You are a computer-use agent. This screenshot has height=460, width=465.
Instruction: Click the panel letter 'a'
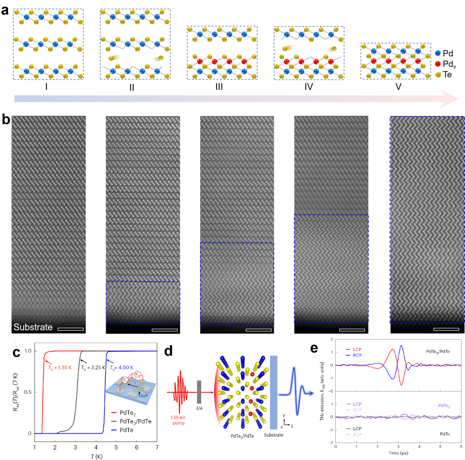click(x=5, y=10)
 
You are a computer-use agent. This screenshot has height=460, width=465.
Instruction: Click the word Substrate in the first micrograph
click(x=33, y=328)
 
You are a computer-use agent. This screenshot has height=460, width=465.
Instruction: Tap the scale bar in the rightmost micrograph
click(x=446, y=330)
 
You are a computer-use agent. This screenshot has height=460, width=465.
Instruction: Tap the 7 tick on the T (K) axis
click(x=157, y=441)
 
